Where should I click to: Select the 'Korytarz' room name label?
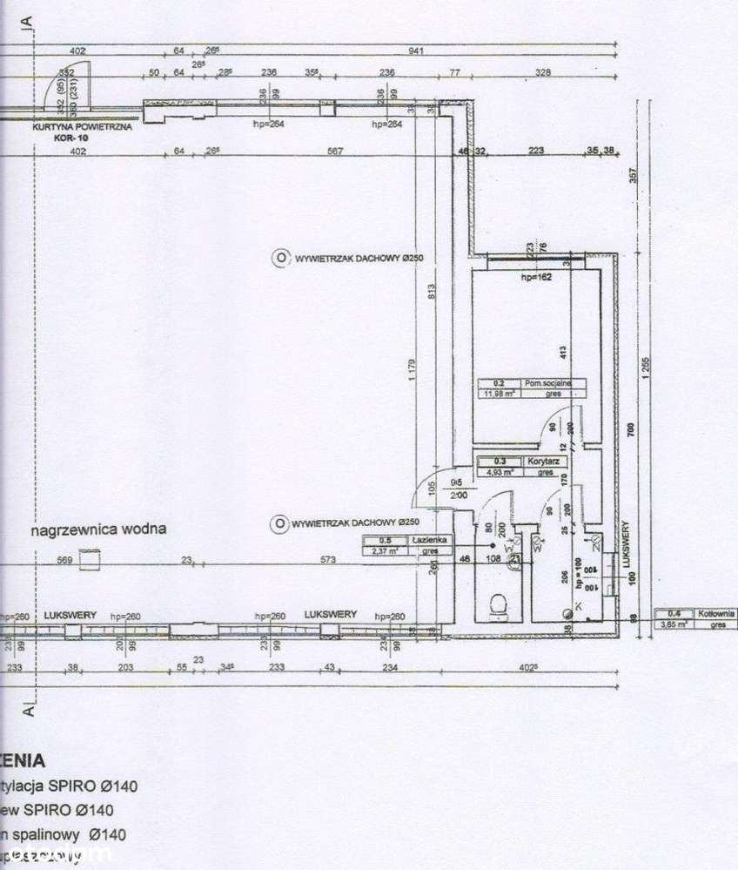(541, 462)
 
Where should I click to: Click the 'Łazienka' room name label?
(431, 540)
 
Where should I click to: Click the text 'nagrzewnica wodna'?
(97, 529)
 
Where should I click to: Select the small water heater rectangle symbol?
(90, 557)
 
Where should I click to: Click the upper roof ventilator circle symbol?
(280, 257)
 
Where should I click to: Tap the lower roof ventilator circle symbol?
(279, 523)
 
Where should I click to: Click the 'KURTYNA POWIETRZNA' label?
(82, 126)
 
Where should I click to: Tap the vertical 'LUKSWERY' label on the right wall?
(627, 545)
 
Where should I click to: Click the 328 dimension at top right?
(544, 72)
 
